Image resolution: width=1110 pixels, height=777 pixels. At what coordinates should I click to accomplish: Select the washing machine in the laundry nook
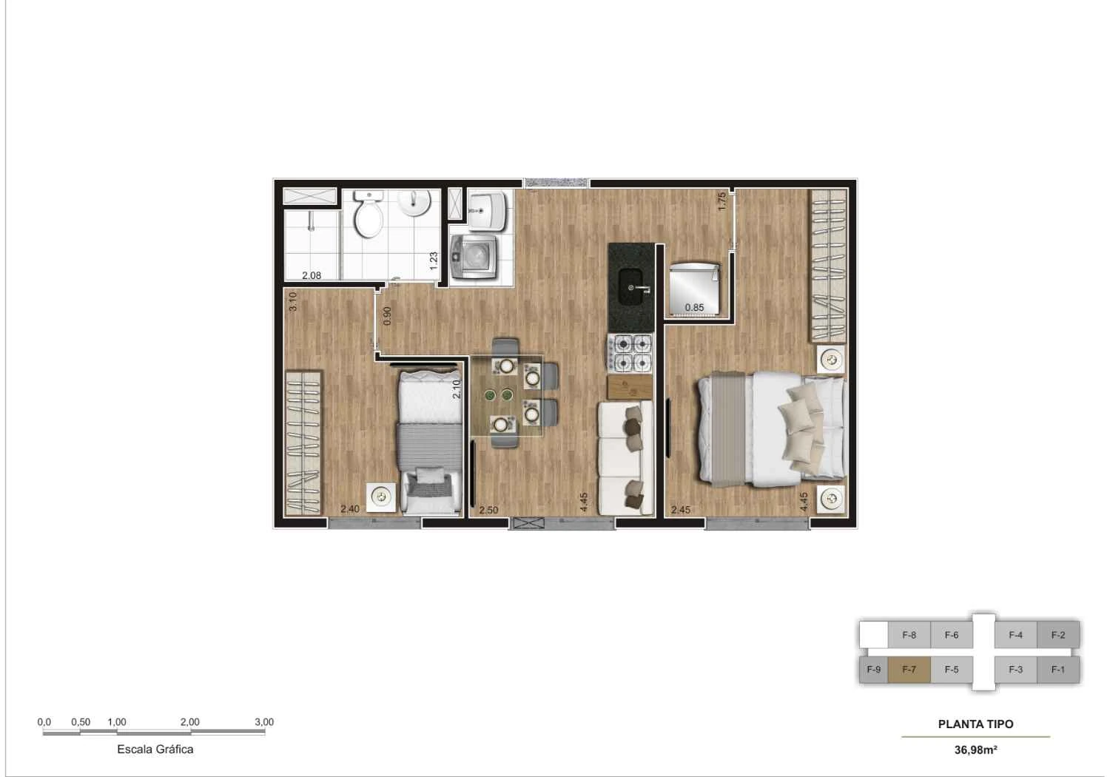tap(474, 256)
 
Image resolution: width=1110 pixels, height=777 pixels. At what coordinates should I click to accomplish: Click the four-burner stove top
tap(630, 353)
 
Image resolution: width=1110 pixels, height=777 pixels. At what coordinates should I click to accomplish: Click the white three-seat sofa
tap(625, 458)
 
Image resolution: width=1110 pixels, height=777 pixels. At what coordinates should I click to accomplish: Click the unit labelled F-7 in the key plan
tap(909, 670)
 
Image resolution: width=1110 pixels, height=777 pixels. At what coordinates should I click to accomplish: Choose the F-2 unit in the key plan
tap(1057, 635)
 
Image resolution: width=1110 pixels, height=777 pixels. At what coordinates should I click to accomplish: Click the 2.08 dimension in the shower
tap(312, 276)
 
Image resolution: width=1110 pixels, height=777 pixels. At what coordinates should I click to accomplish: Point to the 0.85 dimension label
tap(694, 308)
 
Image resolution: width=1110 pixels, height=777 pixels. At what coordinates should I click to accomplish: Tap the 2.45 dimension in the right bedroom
tap(681, 510)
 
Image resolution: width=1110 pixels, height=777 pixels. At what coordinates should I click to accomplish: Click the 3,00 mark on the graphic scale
tap(263, 722)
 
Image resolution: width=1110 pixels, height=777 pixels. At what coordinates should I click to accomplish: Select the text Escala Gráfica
tap(155, 749)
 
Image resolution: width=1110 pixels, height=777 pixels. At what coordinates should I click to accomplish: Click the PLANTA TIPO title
tap(975, 724)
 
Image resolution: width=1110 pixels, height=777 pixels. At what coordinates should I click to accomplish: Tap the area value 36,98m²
tap(975, 750)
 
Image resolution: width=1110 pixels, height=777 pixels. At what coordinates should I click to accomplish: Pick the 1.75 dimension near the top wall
tap(723, 202)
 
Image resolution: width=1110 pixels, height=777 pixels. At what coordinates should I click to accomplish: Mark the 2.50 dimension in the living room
tap(488, 510)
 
